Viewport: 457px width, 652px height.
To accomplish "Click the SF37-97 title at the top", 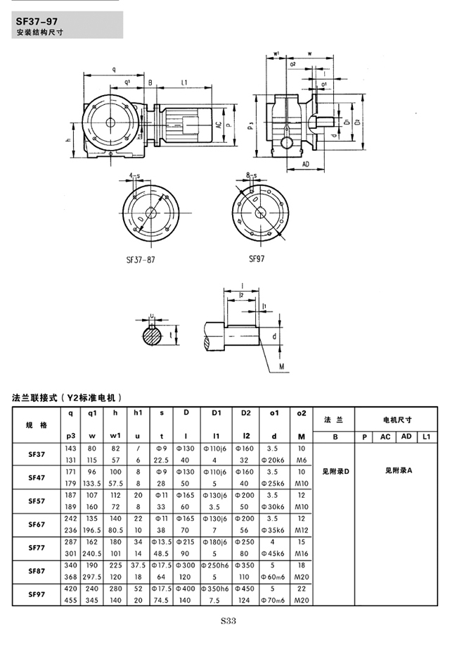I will click(41, 21).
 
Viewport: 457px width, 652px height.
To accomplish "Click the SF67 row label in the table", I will click(37, 525).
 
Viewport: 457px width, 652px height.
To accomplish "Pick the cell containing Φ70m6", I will click(275, 601).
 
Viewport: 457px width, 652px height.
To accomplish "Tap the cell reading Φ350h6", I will click(217, 589).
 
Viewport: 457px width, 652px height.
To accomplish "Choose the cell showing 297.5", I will click(91, 577).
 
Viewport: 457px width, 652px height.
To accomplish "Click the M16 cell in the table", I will click(302, 554).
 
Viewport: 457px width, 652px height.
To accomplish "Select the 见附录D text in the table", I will click(335, 470).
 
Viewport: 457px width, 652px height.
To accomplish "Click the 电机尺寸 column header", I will click(397, 420).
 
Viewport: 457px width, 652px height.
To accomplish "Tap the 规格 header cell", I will click(37, 425).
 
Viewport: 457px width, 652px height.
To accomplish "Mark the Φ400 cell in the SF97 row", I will click(186, 589).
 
